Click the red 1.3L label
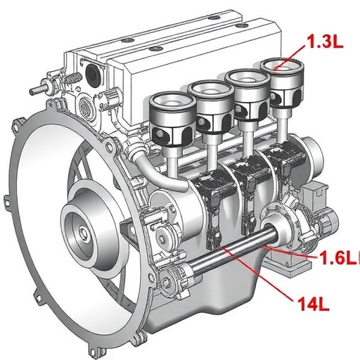[326, 43]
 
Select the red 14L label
[314, 304]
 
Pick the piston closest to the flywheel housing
[173, 120]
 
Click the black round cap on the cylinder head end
[94, 72]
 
